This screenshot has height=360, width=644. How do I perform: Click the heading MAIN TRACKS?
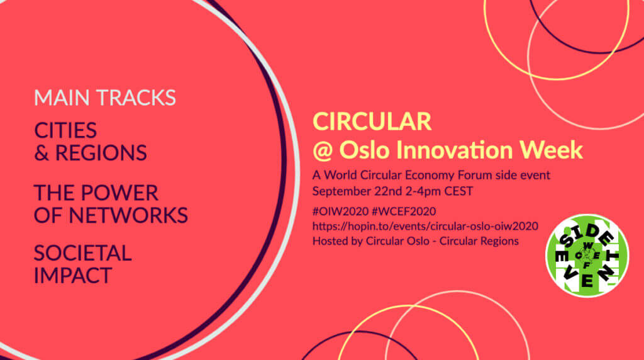pos(104,98)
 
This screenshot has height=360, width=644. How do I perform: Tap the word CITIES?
pos(65,130)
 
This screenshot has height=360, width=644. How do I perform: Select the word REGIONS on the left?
pos(101,152)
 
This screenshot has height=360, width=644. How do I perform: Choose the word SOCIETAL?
pos(82,252)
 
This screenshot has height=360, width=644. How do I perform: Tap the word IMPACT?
pos(72,275)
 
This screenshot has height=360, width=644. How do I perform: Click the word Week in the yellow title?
pos(554,150)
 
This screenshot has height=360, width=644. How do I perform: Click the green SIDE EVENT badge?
pos(586,256)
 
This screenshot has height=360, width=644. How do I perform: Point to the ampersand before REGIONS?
pos(42,152)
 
